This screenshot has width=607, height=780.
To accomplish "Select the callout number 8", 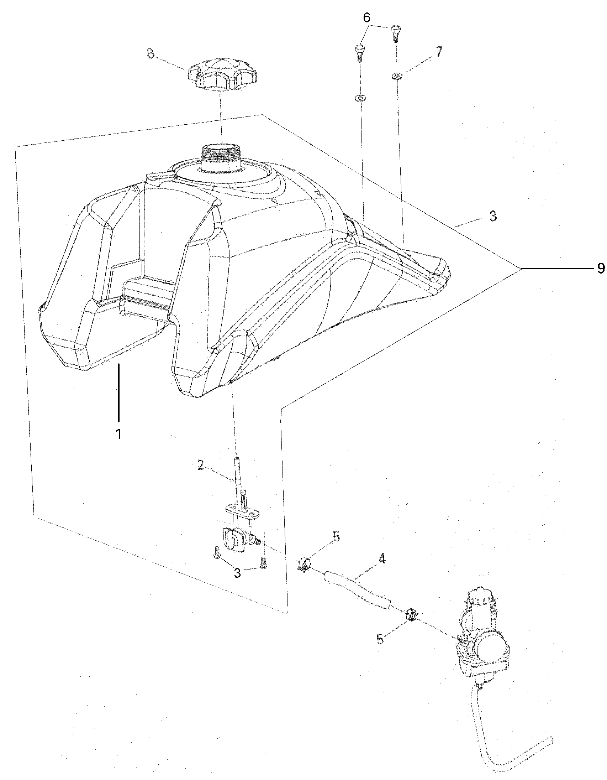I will (151, 54).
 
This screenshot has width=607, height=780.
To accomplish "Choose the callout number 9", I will (601, 268).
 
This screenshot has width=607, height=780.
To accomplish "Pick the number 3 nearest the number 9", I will (493, 217).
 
